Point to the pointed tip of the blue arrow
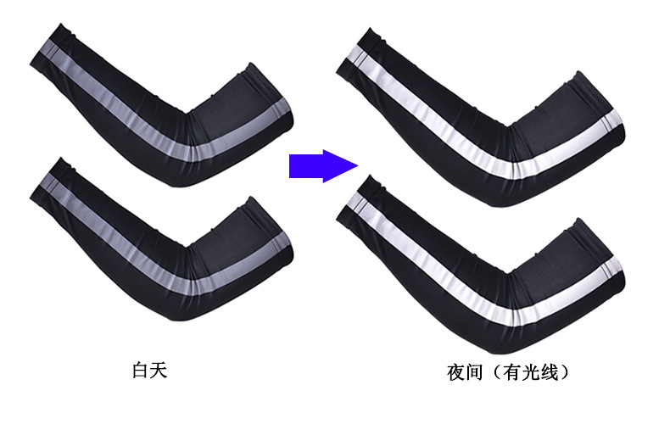(355, 165)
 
